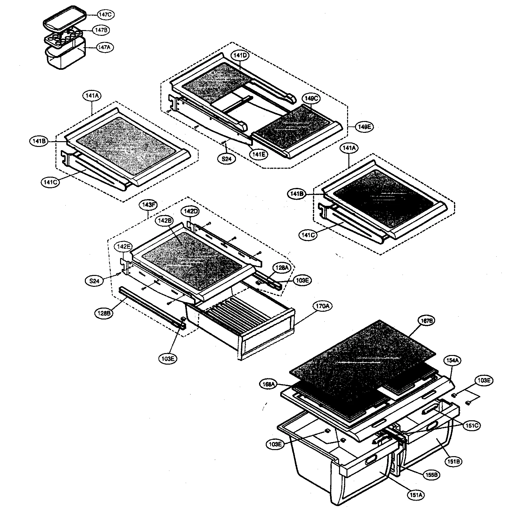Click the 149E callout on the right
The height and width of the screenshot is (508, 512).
coord(364,127)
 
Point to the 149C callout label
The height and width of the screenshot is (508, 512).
coord(311,99)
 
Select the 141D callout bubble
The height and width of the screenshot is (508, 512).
coord(240,55)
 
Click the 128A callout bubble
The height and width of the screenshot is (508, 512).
coord(281,268)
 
